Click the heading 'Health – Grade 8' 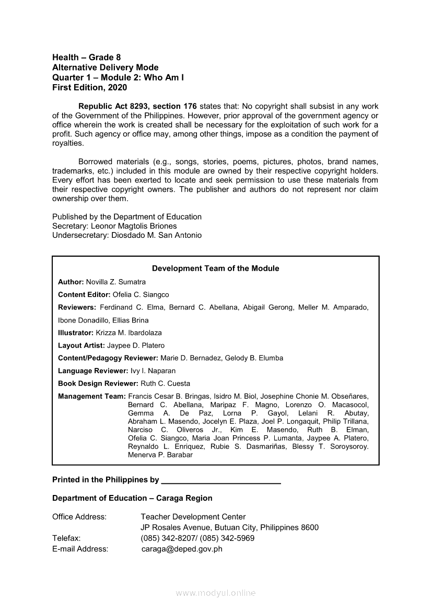(87, 57)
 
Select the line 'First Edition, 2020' (89, 87)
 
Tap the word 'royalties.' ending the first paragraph (68, 143)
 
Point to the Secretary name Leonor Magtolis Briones (134, 226)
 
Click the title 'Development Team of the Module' (215, 268)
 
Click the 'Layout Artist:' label (81, 345)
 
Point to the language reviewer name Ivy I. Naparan (151, 371)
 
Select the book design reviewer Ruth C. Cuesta (165, 383)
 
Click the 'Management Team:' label (92, 396)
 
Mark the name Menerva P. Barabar (160, 455)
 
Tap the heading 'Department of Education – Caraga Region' (132, 498)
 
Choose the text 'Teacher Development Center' (193, 517)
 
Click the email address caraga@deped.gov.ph (182, 549)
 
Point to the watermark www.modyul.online (216, 593)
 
